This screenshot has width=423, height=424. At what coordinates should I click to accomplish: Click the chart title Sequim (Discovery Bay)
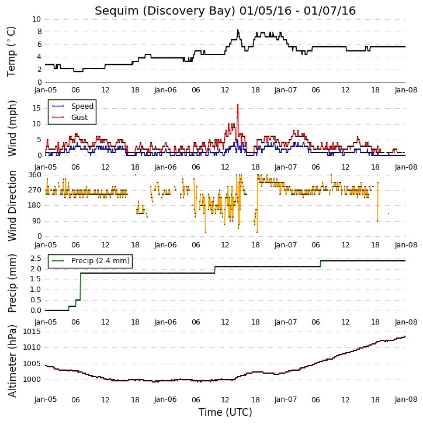(x=165, y=11)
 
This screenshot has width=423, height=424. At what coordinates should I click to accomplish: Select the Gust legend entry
(x=70, y=118)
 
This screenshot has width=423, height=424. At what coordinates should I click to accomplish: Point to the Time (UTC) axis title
(x=226, y=412)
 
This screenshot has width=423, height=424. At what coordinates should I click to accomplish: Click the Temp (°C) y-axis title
(x=11, y=51)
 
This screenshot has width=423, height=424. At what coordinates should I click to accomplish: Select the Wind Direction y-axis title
(x=12, y=206)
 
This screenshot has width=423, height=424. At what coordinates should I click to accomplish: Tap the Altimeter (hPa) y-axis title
(x=12, y=361)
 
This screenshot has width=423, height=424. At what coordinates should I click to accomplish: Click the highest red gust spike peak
(x=238, y=105)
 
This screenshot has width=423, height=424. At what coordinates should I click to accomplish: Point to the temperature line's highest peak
(x=238, y=30)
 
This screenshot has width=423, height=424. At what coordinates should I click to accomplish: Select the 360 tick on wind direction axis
(x=35, y=175)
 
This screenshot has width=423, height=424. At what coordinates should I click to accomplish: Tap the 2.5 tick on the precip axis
(x=36, y=258)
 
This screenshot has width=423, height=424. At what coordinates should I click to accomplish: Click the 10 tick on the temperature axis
(x=36, y=19)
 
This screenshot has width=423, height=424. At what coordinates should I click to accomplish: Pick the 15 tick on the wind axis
(x=36, y=108)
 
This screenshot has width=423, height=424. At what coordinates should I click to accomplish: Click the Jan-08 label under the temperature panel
(x=405, y=90)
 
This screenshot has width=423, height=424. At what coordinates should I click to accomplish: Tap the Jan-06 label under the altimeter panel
(x=165, y=399)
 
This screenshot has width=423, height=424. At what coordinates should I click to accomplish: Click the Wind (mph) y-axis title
(x=12, y=129)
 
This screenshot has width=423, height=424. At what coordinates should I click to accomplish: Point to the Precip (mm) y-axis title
(x=12, y=284)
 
